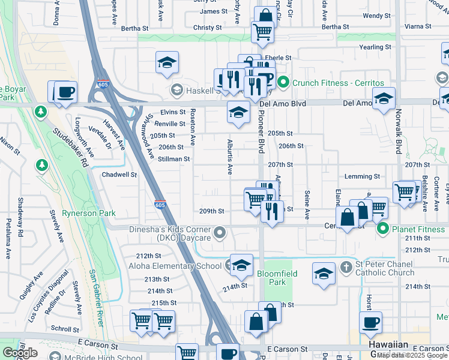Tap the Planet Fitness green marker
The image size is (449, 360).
coord(382,229)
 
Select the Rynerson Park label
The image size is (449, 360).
coord(92,213)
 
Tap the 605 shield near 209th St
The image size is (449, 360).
coord(160,204)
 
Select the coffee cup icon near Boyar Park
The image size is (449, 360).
coord(65,92)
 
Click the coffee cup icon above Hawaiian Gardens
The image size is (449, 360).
coord(370,322)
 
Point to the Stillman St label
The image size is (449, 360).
coord(173,159)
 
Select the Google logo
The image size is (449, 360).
coord(20,353)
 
